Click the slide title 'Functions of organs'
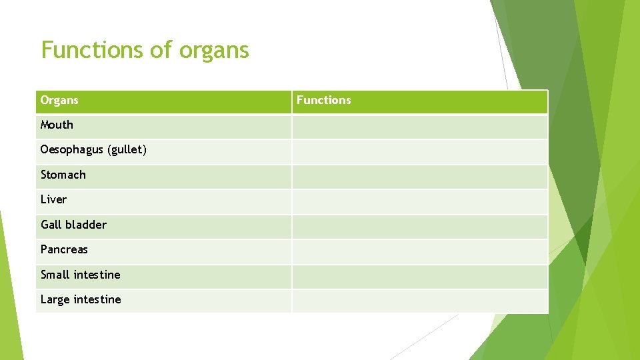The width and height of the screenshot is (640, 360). (145, 50)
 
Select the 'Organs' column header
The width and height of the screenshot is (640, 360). (59, 101)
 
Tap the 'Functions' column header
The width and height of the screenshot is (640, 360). (323, 101)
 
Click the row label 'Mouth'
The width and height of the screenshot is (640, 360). (57, 125)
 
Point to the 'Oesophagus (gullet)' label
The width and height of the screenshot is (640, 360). (93, 150)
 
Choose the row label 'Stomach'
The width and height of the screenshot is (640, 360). (63, 175)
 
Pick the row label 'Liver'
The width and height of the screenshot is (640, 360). (53, 200)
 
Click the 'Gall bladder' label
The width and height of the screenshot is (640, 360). (73, 225)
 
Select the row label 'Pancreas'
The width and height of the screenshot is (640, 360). (64, 250)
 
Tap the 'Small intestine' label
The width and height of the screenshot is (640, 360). (80, 275)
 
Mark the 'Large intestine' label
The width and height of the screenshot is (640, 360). (81, 300)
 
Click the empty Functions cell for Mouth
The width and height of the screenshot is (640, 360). (419, 126)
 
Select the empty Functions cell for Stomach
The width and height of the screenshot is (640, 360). (419, 176)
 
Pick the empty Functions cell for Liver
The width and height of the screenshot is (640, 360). (419, 201)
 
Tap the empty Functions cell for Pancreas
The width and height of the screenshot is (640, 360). (419, 251)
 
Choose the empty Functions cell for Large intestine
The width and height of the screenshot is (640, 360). (419, 301)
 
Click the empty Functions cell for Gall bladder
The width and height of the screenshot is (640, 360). (419, 226)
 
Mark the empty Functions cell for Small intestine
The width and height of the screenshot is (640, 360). (419, 276)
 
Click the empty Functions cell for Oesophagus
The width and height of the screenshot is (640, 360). (419, 151)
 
